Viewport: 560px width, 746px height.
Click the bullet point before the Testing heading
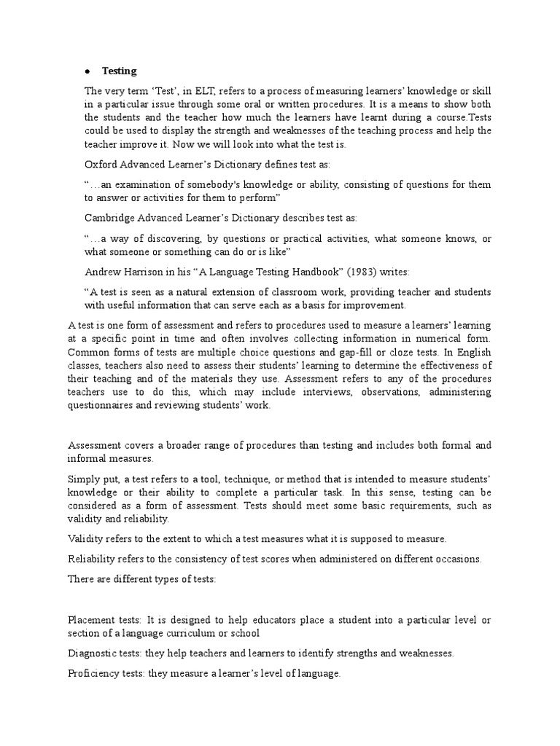[x=87, y=71]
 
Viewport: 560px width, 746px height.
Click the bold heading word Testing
[x=120, y=71]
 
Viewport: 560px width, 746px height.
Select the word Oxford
[x=102, y=165]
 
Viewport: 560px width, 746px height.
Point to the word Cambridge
[x=109, y=219]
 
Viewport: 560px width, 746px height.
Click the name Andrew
[x=103, y=272]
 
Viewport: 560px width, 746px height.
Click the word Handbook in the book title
[x=314, y=272]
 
